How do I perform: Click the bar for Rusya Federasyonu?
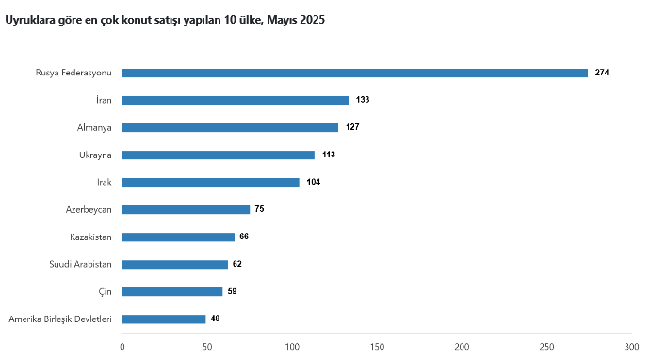(x=355, y=73)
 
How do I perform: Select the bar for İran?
(x=236, y=101)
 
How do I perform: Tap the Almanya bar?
(x=230, y=128)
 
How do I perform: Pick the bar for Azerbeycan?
(x=187, y=210)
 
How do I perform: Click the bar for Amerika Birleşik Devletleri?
(x=164, y=319)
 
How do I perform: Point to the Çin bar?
(x=172, y=292)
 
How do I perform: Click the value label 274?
(x=602, y=73)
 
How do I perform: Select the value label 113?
(x=329, y=155)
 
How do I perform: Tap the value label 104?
(x=314, y=182)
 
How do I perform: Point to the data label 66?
(x=244, y=237)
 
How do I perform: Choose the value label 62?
(x=237, y=264)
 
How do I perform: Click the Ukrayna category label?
(x=95, y=155)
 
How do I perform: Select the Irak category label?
(x=105, y=182)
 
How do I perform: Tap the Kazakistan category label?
(x=90, y=237)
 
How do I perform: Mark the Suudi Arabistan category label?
(x=80, y=264)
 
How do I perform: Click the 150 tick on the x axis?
(x=377, y=347)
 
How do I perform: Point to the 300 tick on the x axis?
(x=632, y=347)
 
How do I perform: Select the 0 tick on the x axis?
(x=122, y=347)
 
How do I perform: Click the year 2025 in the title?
(x=312, y=20)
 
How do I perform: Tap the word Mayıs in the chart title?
(x=282, y=20)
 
